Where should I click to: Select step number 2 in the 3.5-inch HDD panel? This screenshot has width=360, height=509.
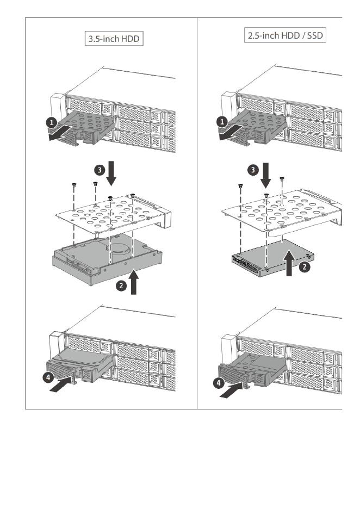click(123, 284)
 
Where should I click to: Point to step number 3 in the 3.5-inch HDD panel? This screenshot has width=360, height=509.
click(98, 169)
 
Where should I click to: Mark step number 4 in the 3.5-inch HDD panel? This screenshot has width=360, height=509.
click(48, 376)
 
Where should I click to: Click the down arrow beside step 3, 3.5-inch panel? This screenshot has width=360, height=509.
click(111, 172)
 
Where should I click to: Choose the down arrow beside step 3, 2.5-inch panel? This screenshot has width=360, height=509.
click(266, 172)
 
